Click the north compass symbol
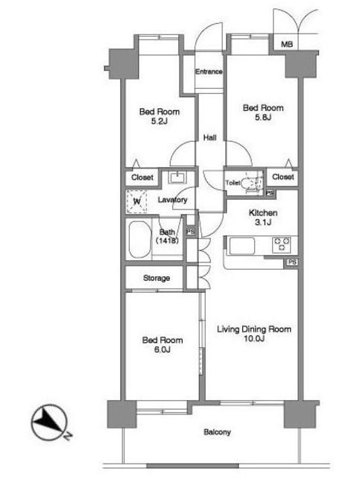[x=50, y=423]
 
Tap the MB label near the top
[x=287, y=45]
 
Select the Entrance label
[x=209, y=72]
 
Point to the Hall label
[x=209, y=138]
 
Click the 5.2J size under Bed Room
[x=160, y=121]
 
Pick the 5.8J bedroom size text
[x=263, y=118]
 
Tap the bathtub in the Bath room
[x=140, y=240]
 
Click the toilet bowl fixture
[x=250, y=183]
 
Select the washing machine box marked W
[x=136, y=201]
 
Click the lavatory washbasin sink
[x=177, y=177]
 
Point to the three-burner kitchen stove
[x=282, y=245]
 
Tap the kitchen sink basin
[x=242, y=246]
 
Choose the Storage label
[x=157, y=278]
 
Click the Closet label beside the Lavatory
[x=142, y=177]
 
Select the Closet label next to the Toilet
[x=283, y=177]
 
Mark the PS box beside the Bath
[x=191, y=232]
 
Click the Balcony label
[x=217, y=432]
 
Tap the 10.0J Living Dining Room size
[x=254, y=338]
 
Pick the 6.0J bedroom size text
[x=162, y=350]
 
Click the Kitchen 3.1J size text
[x=263, y=222]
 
